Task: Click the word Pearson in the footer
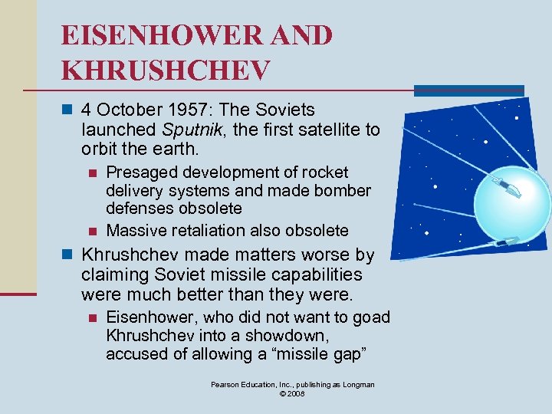click(226, 384)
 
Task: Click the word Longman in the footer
click(357, 384)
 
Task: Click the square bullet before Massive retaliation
click(92, 231)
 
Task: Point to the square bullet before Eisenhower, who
click(92, 317)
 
